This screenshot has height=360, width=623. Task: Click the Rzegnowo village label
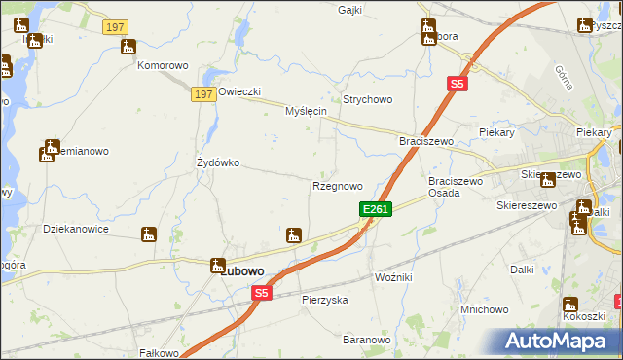point(337,186)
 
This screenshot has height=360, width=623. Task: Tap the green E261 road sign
point(376,209)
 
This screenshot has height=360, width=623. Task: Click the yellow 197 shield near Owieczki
point(202,93)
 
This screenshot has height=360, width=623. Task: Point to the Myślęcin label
point(305,112)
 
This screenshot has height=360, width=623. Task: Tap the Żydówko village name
point(218,162)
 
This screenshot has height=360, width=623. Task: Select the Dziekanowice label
point(76,230)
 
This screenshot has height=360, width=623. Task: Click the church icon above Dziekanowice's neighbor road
point(149,234)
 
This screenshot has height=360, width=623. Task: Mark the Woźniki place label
point(393,277)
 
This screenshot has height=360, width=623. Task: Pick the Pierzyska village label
point(325,300)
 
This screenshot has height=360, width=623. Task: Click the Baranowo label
point(366,340)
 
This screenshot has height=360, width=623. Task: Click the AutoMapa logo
point(557,341)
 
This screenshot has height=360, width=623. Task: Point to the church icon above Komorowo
point(128,47)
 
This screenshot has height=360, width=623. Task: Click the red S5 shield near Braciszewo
point(458,85)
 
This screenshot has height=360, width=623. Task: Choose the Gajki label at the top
point(349,10)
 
